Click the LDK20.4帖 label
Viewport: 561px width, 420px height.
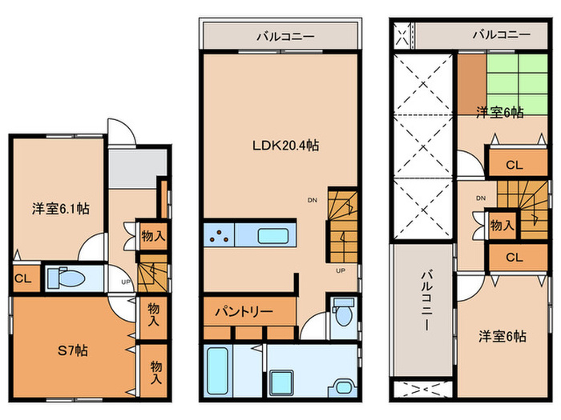click(x=285, y=146)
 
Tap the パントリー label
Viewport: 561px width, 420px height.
click(x=244, y=312)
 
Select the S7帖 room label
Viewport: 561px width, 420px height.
click(x=73, y=350)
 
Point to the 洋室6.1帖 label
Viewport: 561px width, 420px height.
click(x=60, y=208)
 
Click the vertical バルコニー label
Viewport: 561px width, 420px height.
click(x=426, y=301)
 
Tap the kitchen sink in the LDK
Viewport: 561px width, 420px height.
click(x=273, y=236)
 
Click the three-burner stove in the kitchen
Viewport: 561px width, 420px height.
click(x=219, y=235)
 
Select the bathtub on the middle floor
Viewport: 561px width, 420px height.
click(x=217, y=370)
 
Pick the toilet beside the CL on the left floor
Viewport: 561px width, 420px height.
click(x=67, y=278)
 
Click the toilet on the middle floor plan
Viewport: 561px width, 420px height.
click(x=343, y=312)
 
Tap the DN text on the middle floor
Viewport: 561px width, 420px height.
click(x=313, y=200)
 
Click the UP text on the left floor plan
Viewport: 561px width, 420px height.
click(x=126, y=282)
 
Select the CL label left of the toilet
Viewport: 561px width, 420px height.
click(x=23, y=278)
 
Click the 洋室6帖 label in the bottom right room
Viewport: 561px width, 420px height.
click(x=502, y=336)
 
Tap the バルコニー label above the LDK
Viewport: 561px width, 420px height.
click(x=285, y=36)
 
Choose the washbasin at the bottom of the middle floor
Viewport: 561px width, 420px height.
click(x=343, y=386)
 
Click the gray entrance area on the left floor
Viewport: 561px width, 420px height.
click(x=137, y=168)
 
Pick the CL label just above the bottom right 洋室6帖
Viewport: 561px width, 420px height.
click(x=515, y=257)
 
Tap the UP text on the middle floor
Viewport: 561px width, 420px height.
click(x=341, y=270)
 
